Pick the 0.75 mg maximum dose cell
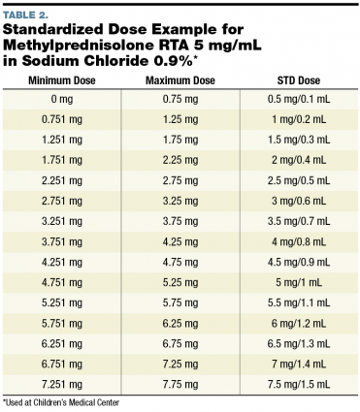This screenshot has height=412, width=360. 180,98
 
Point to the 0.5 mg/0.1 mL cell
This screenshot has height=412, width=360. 299,98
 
